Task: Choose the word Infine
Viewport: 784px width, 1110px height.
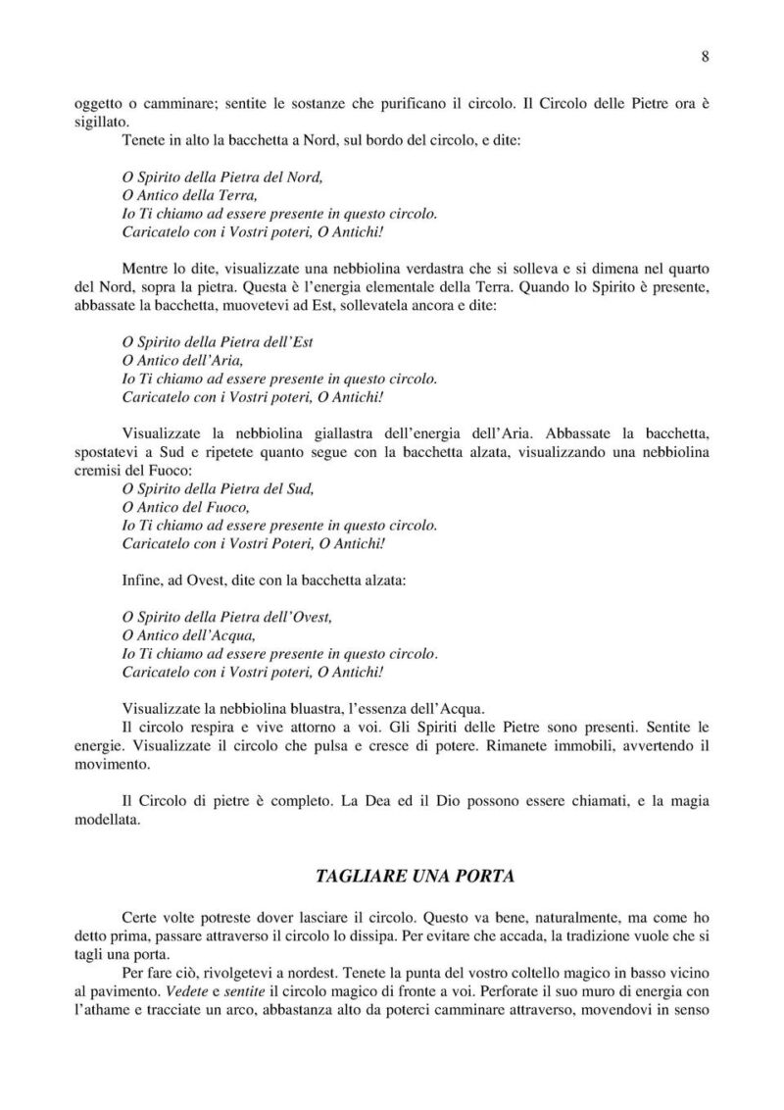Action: [x=144, y=580]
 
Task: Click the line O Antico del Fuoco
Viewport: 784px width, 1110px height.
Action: [x=185, y=507]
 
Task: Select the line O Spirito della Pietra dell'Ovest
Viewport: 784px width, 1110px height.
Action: [x=227, y=617]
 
